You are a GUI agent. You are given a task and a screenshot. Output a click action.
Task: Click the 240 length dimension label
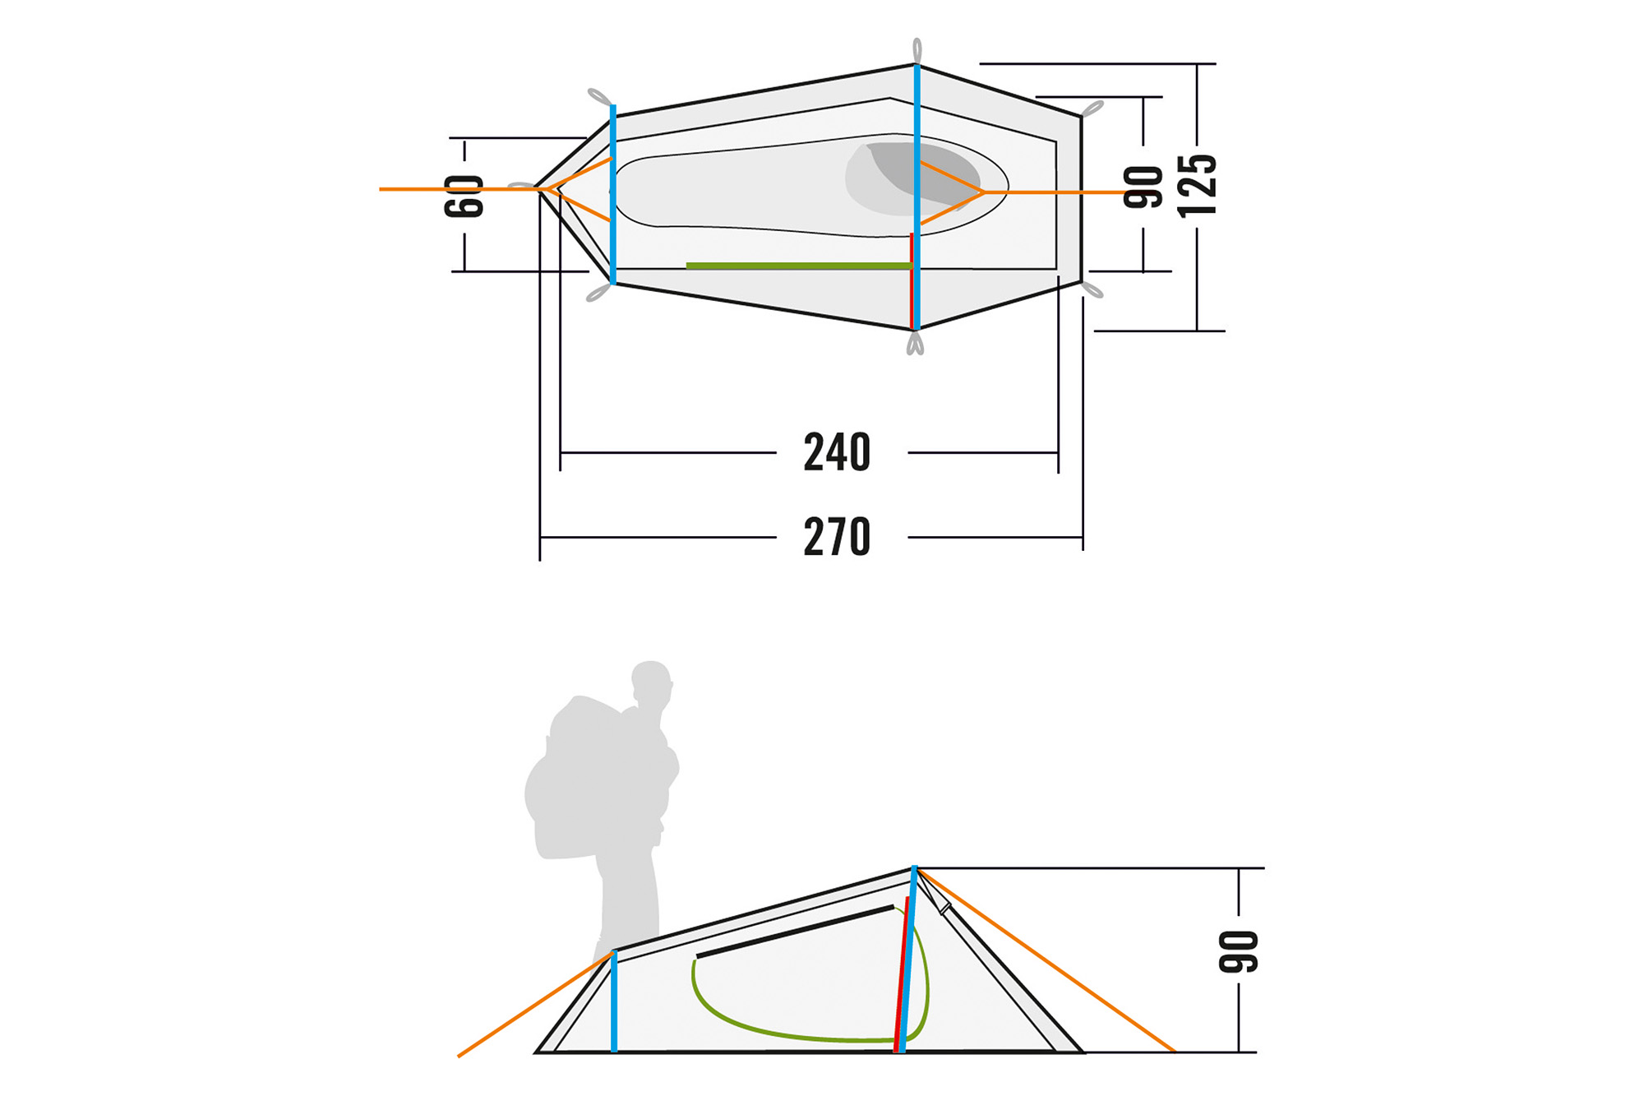[x=836, y=452]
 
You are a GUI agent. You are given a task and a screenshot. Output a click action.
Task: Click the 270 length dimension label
[x=836, y=537]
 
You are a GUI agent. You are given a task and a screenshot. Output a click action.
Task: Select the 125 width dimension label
[x=1197, y=186]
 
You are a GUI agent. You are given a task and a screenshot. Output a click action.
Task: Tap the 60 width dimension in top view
[x=464, y=197]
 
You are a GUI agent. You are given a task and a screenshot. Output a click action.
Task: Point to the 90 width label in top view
[x=1143, y=187]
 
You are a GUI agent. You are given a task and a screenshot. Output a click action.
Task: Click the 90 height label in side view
[x=1239, y=951]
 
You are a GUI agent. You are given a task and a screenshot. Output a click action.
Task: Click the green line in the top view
[x=797, y=266]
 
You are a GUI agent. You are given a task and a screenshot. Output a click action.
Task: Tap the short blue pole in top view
[x=613, y=194]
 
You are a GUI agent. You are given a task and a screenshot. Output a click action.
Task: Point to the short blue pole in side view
[x=614, y=1003]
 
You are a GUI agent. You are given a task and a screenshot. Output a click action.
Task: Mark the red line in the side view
[x=901, y=978]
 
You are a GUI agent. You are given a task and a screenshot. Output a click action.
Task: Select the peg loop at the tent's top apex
[x=917, y=50]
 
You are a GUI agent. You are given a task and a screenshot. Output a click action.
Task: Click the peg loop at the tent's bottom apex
[x=915, y=343]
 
